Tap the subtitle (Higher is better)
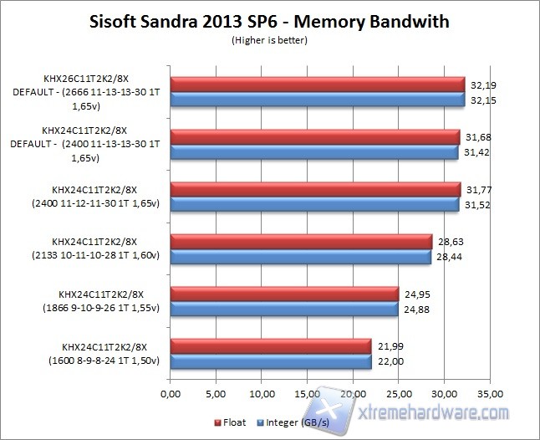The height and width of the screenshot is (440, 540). (269, 38)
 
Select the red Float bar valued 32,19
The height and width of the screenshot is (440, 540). (317, 84)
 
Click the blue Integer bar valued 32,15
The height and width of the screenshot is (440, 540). (317, 99)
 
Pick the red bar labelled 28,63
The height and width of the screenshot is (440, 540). (301, 242)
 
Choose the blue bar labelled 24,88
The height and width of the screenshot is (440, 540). (283, 309)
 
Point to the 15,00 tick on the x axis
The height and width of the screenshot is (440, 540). (307, 391)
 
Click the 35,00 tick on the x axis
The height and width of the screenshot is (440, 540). (490, 391)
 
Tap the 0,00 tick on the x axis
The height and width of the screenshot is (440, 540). (170, 391)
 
